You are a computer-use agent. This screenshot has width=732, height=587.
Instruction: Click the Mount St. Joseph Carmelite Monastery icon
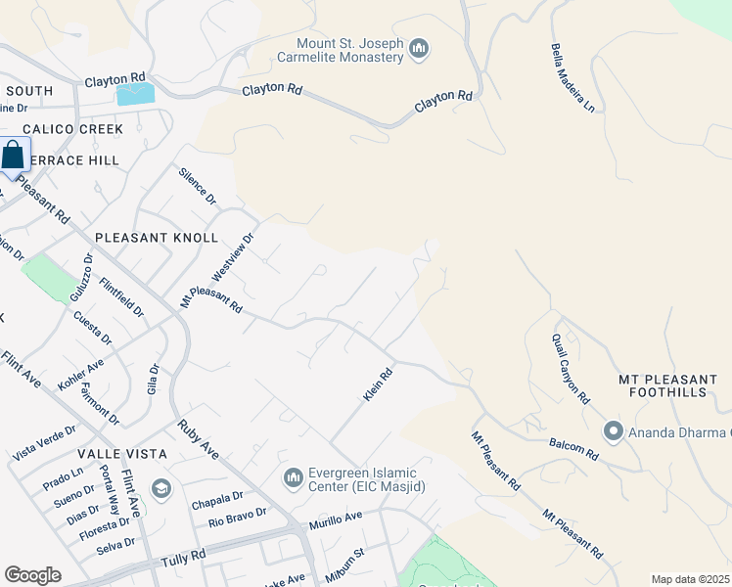(x=420, y=49)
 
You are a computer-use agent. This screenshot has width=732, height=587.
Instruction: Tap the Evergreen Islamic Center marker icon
(x=293, y=477)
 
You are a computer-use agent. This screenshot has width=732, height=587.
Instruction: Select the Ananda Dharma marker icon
(x=614, y=430)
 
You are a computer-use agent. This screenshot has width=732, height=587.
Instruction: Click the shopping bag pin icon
(x=14, y=157)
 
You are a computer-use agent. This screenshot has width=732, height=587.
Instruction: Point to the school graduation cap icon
(x=160, y=488)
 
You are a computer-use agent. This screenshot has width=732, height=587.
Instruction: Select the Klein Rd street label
(x=378, y=384)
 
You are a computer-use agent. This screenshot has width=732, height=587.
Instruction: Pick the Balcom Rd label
(x=573, y=448)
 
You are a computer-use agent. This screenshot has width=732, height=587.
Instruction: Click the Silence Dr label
(x=198, y=185)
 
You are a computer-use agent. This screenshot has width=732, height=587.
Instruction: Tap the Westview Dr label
(x=233, y=257)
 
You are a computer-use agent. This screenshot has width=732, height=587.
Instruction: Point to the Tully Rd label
(x=185, y=557)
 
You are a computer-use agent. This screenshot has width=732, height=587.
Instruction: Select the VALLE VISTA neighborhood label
(x=125, y=455)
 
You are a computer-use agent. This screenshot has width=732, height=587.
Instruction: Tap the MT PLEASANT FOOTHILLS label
(x=667, y=385)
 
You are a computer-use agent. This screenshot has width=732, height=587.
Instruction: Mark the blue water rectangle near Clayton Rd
(x=135, y=94)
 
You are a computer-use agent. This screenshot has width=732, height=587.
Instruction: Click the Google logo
(x=32, y=575)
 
